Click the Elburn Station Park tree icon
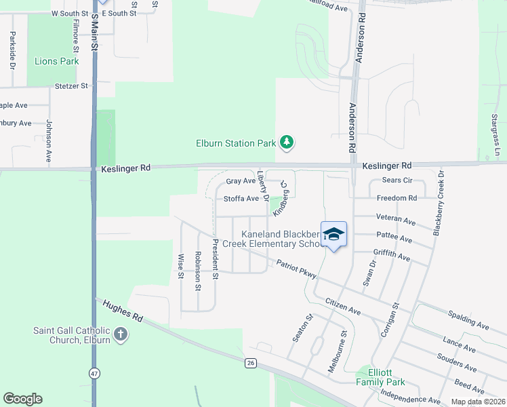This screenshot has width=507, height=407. (x=288, y=142)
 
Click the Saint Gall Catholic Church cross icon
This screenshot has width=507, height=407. (x=120, y=334)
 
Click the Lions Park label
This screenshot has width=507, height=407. (x=57, y=62)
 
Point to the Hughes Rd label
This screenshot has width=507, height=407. (x=123, y=312)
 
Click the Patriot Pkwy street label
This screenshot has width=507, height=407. (x=296, y=269)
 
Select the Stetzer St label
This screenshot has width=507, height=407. (x=72, y=86)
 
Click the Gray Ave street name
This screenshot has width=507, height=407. (x=241, y=181)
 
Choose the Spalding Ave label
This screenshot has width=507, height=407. (x=468, y=320)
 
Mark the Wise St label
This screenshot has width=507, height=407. (x=181, y=266)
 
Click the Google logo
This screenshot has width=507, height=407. (x=22, y=399)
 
